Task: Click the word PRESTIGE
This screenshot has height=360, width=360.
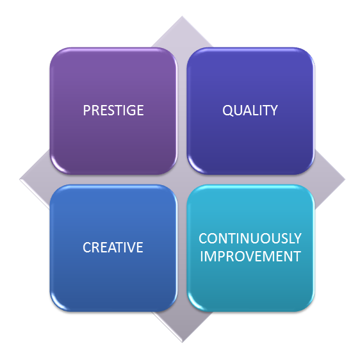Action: [x=113, y=110]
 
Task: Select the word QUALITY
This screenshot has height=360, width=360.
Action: [x=250, y=110]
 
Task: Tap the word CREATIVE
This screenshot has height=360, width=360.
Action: [x=113, y=247]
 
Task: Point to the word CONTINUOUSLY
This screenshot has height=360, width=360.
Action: [x=250, y=238]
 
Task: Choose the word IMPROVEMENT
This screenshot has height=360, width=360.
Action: [x=250, y=256]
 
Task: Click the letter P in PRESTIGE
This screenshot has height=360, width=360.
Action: [x=86, y=110]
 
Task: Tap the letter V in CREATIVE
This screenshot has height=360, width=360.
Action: [x=130, y=247]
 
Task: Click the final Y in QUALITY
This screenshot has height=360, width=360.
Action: [x=274, y=110]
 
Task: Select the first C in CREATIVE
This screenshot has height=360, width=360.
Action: [x=86, y=247]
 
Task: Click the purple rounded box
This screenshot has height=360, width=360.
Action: [x=113, y=111]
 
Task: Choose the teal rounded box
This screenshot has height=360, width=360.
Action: [x=250, y=248]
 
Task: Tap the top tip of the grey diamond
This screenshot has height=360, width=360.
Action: [x=183, y=16]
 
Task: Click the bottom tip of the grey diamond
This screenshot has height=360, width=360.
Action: [x=183, y=342]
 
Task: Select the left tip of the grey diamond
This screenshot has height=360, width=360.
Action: [x=19, y=179]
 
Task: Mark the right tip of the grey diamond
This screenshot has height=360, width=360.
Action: [x=345, y=179]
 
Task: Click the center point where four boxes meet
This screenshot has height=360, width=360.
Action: [x=182, y=179]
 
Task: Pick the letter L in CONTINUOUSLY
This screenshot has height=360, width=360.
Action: [x=289, y=238]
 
